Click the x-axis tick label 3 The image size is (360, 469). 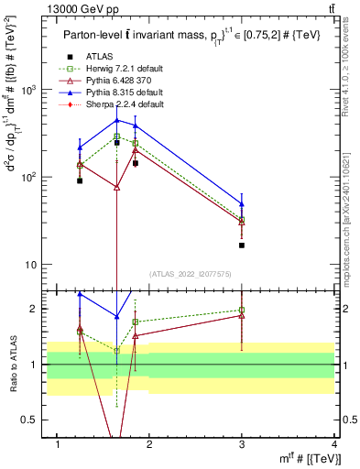coord(242,445)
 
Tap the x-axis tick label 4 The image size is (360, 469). coord(333,445)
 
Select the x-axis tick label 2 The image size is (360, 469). coord(150,445)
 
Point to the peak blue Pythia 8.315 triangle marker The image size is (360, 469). coord(116,120)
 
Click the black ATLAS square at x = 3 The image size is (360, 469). coord(242,245)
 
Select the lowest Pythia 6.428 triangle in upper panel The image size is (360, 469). coord(116,187)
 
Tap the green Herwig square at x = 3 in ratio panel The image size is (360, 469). coord(242,311)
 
